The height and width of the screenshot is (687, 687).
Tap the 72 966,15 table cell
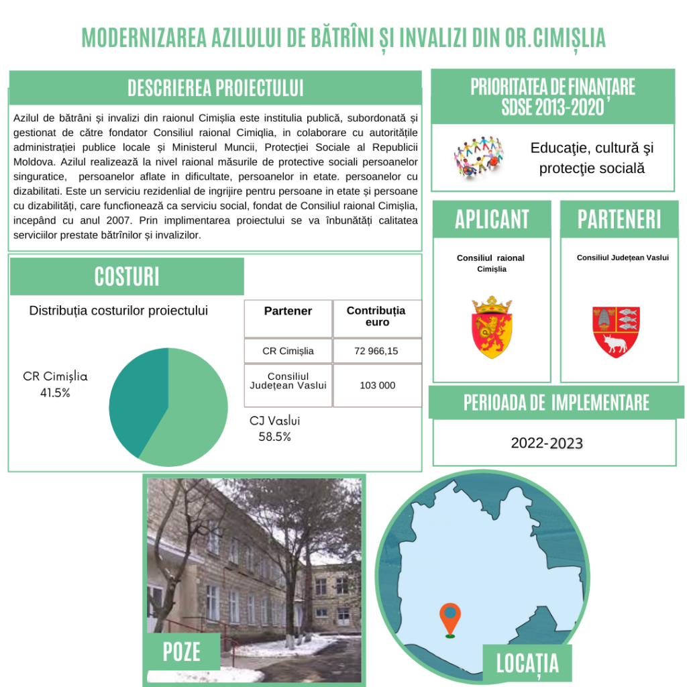[x=377, y=351]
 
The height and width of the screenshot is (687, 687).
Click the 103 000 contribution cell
[x=377, y=385]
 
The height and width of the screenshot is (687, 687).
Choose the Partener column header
[x=288, y=311]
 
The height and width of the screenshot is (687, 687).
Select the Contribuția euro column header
[x=376, y=317]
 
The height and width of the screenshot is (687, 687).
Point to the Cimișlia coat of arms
[x=492, y=327]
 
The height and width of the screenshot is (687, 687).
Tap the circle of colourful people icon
[x=478, y=156]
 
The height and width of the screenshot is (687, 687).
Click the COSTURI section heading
[x=127, y=276]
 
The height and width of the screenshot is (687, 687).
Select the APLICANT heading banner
[x=492, y=219]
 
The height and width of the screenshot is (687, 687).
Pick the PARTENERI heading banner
[x=619, y=219]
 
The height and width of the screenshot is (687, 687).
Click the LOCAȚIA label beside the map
[x=527, y=664]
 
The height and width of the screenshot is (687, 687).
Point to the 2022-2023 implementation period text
[x=547, y=443]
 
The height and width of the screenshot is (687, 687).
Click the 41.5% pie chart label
[x=55, y=393]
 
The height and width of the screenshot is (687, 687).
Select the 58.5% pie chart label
[x=274, y=437]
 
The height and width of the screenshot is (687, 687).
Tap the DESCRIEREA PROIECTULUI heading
[x=215, y=88]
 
